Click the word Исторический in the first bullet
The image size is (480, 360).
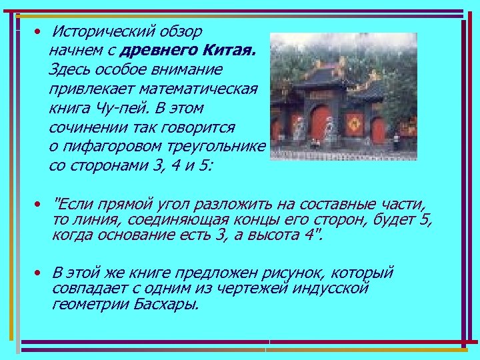click(103, 31)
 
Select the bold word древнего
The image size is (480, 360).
click(158, 51)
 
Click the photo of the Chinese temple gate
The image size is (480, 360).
click(343, 97)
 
